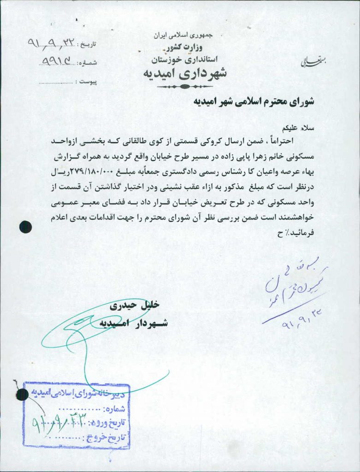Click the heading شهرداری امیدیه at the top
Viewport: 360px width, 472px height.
184,74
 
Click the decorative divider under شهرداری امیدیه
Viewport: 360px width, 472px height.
183,86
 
